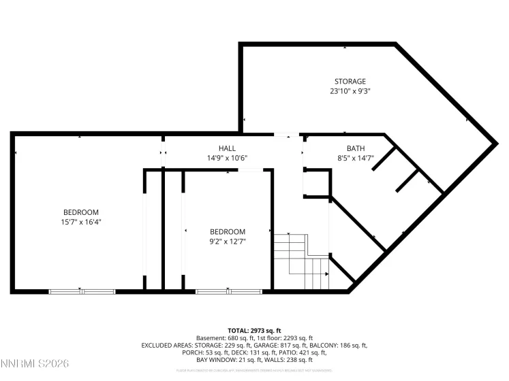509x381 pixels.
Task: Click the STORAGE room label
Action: pos(350,82)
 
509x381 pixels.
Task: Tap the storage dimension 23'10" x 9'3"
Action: pos(350,90)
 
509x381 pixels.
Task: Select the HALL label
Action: pos(227,148)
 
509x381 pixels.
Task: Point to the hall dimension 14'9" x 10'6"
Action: pos(227,158)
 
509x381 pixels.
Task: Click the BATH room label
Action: pos(355,148)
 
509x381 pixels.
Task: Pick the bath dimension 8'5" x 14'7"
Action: pos(355,158)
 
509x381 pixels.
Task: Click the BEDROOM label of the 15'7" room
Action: pos(81,212)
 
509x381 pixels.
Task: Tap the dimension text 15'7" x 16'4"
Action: pos(81,221)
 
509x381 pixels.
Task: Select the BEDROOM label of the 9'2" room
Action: pos(227,231)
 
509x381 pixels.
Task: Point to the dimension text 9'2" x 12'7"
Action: pos(227,241)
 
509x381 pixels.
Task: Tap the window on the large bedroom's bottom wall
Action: pos(82,292)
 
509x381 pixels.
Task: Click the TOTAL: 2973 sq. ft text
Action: pos(254,330)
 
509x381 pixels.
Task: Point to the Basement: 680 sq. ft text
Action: pos(226,337)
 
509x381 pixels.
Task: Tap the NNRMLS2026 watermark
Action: pos(35,365)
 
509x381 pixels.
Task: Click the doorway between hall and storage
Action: pos(287,134)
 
